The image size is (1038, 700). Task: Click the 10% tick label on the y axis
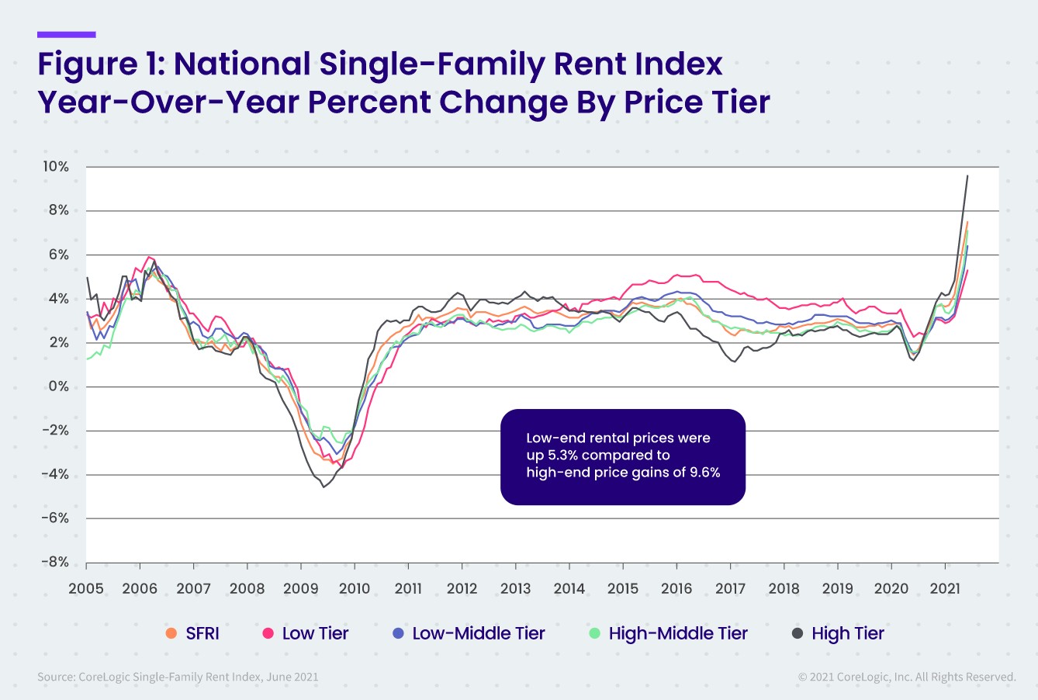point(55,167)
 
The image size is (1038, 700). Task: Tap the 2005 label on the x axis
point(86,588)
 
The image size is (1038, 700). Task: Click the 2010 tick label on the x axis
point(355,588)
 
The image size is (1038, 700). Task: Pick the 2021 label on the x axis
point(945,588)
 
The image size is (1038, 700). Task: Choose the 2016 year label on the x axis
point(676,588)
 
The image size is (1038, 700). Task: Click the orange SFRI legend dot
point(171,633)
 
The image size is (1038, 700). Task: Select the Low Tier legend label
point(315,633)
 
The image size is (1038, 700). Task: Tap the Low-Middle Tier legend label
point(478,633)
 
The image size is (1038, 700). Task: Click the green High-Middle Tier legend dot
point(595,633)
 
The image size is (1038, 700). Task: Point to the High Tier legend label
point(847,633)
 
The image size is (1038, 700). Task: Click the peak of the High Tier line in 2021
point(967,175)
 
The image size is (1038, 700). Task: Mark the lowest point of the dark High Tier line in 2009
point(324,487)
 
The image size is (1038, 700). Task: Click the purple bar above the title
point(67,34)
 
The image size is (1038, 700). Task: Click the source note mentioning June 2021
point(178,677)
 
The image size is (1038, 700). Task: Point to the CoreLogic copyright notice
point(906,677)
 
